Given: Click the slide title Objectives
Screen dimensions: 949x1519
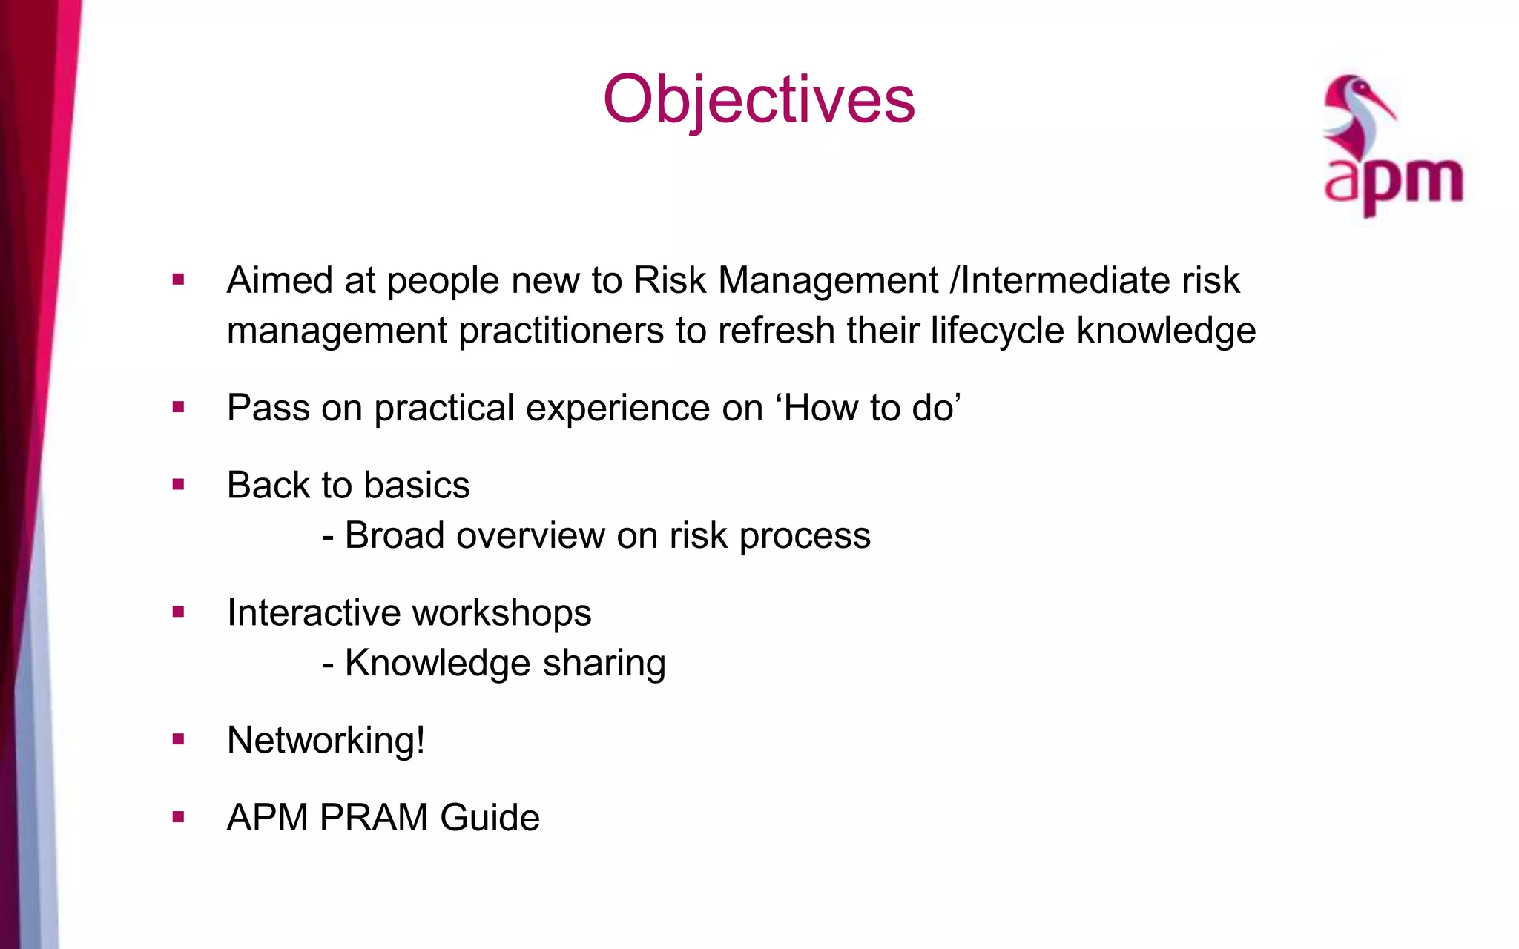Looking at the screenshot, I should click(x=759, y=100).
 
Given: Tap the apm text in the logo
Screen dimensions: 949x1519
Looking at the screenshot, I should click(x=1393, y=182).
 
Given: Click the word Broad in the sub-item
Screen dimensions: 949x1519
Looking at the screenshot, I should click(x=395, y=535).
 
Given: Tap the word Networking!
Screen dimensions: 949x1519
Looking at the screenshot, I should click(x=326, y=741).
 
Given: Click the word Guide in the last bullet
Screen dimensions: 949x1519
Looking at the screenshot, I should click(x=490, y=818).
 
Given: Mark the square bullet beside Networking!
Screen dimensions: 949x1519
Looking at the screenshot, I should click(x=178, y=739).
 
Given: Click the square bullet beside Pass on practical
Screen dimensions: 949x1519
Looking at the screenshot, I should click(x=178, y=407).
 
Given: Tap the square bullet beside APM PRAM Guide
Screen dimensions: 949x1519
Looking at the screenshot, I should click(x=178, y=817).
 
